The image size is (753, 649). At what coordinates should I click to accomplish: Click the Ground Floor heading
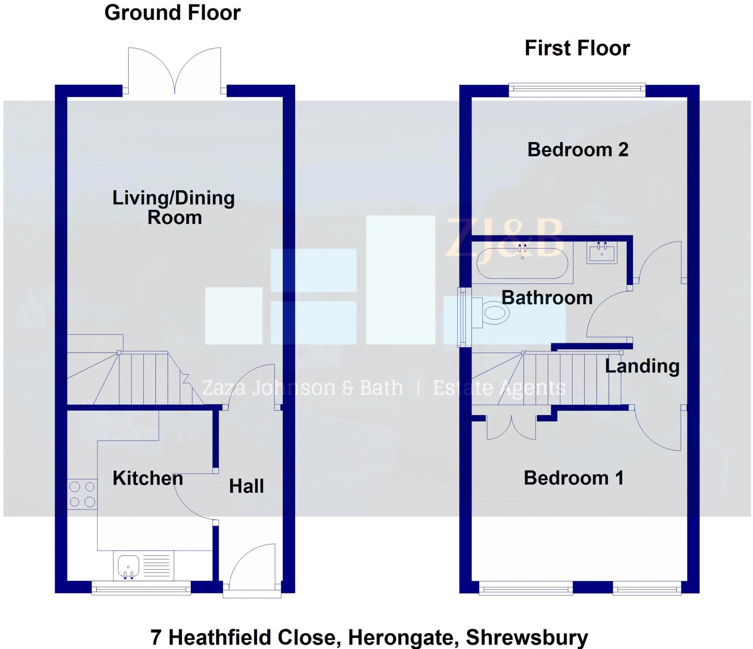[172, 13]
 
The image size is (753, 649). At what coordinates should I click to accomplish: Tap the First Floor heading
[577, 48]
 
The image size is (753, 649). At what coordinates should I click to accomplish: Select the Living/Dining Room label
[174, 208]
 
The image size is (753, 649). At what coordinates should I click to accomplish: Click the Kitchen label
[148, 478]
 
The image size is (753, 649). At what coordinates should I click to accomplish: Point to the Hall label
[246, 486]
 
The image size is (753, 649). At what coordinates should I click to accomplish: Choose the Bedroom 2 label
[578, 150]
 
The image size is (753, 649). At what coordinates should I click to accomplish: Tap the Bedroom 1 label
[574, 478]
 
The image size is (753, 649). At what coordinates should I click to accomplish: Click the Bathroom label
[547, 298]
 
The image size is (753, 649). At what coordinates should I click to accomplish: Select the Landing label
[642, 366]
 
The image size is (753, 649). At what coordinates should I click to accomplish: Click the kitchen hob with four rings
[82, 494]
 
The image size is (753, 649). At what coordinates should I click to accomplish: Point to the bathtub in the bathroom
[522, 263]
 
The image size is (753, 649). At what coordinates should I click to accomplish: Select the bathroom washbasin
[602, 253]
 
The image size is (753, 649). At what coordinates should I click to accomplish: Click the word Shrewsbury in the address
[527, 638]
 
